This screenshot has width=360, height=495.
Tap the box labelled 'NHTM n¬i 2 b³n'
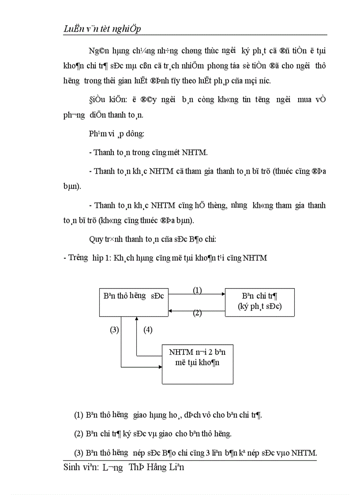point(197,364)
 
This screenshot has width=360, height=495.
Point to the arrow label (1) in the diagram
point(197,290)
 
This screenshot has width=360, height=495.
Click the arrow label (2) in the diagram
point(197,313)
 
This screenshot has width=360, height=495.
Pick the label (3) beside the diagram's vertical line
point(114,330)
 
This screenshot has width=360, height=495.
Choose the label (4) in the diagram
point(148,330)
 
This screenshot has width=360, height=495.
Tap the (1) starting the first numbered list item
point(79,415)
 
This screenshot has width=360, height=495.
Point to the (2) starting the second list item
point(79,434)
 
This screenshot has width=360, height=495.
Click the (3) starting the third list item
point(79,453)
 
